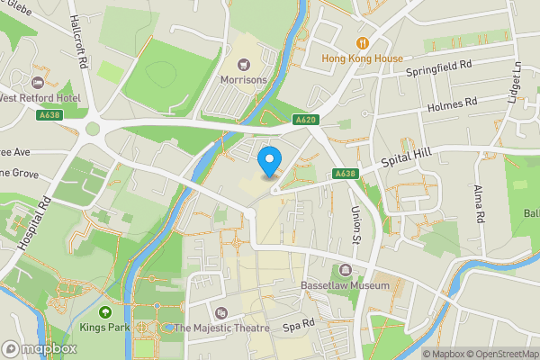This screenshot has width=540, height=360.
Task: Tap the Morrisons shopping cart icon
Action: click(x=243, y=64)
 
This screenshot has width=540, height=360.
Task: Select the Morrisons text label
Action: click(x=243, y=79)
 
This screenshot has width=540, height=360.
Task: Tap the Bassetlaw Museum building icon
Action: click(x=346, y=270)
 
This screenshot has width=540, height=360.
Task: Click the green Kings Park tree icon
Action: click(x=104, y=311)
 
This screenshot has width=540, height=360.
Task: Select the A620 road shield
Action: click(x=307, y=119)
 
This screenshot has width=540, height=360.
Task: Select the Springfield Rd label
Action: click(x=438, y=66)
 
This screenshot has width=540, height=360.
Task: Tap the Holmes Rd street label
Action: click(x=453, y=104)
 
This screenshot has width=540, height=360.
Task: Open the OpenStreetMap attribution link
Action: click(x=500, y=353)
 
